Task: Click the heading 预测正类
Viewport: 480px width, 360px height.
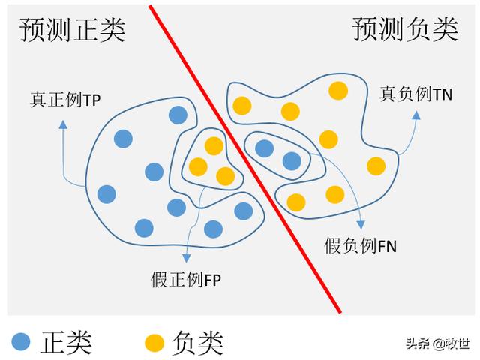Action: pos(73,29)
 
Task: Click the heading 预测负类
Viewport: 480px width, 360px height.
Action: pos(405,29)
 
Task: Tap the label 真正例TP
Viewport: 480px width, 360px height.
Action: pos(65,97)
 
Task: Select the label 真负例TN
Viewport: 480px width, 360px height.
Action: pos(415,93)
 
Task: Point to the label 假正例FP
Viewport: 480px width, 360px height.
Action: pos(187,280)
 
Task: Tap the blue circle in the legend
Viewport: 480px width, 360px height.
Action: pos(22,342)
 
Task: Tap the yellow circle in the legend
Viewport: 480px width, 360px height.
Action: pos(154,342)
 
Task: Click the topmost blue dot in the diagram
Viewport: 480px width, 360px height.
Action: pos(178,115)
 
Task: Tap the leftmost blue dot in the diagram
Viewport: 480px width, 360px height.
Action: pos(106,194)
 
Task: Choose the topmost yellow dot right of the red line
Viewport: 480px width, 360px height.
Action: pos(338,91)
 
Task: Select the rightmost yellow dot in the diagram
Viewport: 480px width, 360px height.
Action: pos(376,166)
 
